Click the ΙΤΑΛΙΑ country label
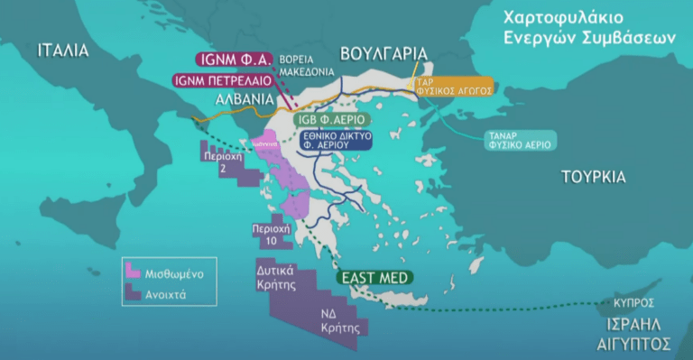pyautogui.click(x=63, y=51)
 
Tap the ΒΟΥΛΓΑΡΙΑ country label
pyautogui.click(x=383, y=52)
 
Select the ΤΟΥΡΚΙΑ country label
pyautogui.click(x=593, y=177)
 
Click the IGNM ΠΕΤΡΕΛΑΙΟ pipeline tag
pyautogui.click(x=224, y=79)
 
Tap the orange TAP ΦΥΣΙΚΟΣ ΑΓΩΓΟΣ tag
pyautogui.click(x=453, y=87)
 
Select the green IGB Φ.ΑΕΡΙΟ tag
pyautogui.click(x=333, y=118)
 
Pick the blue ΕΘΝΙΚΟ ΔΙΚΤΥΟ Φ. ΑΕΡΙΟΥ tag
pyautogui.click(x=334, y=140)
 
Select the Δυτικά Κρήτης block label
pyautogui.click(x=277, y=275)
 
